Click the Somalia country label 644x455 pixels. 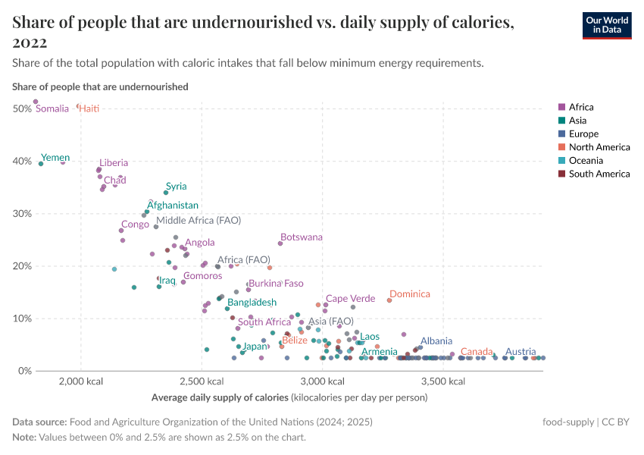(52, 109)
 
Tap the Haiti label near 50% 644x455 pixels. (89, 109)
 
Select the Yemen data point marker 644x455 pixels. (41, 163)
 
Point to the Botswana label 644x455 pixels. (301, 237)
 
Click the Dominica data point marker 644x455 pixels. (389, 300)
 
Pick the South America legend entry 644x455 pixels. (599, 174)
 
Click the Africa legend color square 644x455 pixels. (561, 108)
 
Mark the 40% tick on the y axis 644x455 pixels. (21, 162)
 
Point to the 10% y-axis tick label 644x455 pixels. (21, 318)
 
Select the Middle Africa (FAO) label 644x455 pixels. (198, 221)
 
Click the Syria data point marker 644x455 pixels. (166, 193)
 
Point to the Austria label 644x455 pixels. (521, 352)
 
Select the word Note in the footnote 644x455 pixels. (24, 438)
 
